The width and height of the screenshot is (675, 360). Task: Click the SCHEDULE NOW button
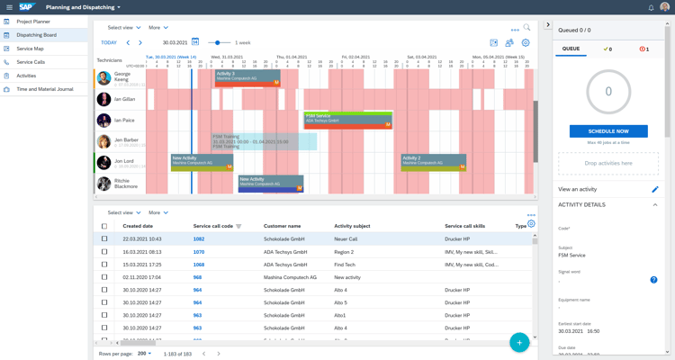click(608, 131)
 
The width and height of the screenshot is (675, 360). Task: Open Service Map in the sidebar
click(30, 49)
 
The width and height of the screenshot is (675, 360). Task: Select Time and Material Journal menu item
click(45, 89)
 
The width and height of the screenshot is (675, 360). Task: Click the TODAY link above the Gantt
click(109, 42)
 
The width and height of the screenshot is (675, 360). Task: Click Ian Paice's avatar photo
click(104, 121)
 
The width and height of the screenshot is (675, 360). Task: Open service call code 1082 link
click(199, 239)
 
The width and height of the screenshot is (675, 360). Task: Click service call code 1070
click(199, 252)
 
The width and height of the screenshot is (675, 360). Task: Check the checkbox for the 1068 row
click(104, 265)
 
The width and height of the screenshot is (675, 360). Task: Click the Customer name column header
click(282, 226)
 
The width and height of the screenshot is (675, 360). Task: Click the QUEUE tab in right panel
click(571, 49)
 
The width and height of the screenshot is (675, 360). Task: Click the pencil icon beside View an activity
click(654, 189)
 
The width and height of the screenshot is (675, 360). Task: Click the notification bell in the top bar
click(651, 7)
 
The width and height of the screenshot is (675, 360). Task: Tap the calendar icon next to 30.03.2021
click(195, 42)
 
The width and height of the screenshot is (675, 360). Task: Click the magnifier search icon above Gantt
click(526, 28)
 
